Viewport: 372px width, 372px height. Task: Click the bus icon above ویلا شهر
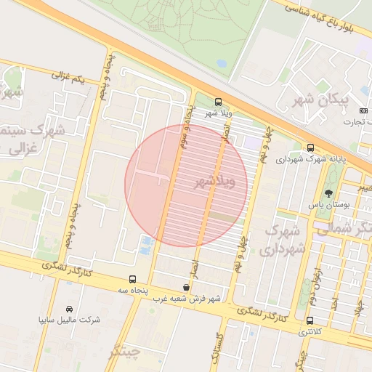tap(218, 102)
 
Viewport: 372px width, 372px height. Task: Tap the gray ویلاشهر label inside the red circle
tap(216, 183)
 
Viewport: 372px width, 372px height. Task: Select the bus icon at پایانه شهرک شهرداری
tap(311, 147)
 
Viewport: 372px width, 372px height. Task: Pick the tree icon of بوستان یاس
tap(328, 194)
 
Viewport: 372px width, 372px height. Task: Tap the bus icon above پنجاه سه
tap(132, 279)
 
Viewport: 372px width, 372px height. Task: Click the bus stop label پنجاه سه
tap(132, 290)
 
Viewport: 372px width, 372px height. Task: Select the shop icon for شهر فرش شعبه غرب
tap(187, 288)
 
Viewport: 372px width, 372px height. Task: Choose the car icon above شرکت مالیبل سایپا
tap(69, 310)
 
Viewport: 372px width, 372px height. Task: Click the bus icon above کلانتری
tap(310, 320)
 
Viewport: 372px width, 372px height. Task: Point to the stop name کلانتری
tap(312, 331)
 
